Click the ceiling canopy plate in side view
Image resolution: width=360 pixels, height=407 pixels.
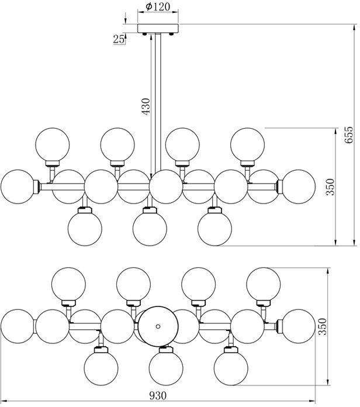pos(158,29)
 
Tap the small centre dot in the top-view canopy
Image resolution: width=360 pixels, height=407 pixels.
pos(157,325)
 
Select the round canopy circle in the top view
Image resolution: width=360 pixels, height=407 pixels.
pos(157,325)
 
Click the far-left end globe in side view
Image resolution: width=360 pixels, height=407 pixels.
pos(18,187)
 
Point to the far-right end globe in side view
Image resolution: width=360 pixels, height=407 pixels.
pos(297,187)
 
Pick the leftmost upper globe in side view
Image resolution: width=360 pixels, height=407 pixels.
pos(53,144)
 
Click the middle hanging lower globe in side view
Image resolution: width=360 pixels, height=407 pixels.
pos(150,227)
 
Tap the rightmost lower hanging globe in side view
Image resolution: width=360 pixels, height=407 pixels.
pos(215,227)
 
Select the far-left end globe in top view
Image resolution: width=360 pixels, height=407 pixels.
pos(18,326)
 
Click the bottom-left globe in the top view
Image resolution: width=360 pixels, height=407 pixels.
pos(102,366)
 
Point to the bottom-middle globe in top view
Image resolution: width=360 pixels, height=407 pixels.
pos(166,366)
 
